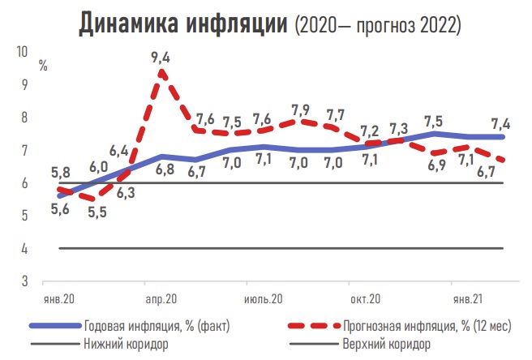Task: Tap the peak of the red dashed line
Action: (x=161, y=72)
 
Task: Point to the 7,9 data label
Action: (x=300, y=109)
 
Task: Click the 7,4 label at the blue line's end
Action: (x=500, y=124)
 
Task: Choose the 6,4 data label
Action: (x=118, y=150)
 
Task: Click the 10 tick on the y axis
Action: (x=22, y=52)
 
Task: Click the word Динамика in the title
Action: (x=130, y=24)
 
